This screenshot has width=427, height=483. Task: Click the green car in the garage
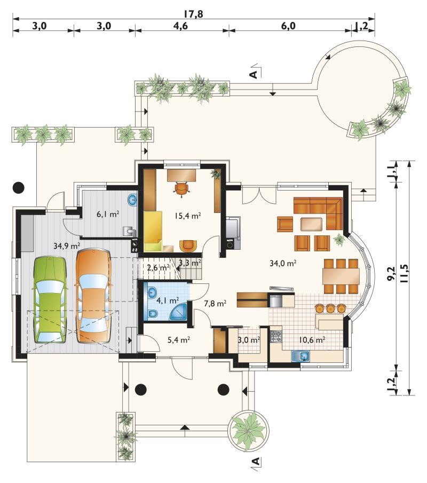50,300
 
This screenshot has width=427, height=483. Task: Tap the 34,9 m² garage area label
67,246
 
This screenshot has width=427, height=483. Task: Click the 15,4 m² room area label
188,216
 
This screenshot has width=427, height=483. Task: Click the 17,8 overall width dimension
193,14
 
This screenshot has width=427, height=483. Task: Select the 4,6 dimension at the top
180,26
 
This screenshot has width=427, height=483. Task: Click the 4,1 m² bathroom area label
168,300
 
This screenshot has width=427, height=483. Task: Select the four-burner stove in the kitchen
276,337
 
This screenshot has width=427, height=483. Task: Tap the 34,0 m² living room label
283,263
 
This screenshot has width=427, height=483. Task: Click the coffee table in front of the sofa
312,224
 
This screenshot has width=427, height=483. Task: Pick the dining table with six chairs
341,276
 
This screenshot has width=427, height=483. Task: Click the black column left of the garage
19,187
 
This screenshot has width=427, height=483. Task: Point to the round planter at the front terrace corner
248,430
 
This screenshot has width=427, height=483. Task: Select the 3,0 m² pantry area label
249,340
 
